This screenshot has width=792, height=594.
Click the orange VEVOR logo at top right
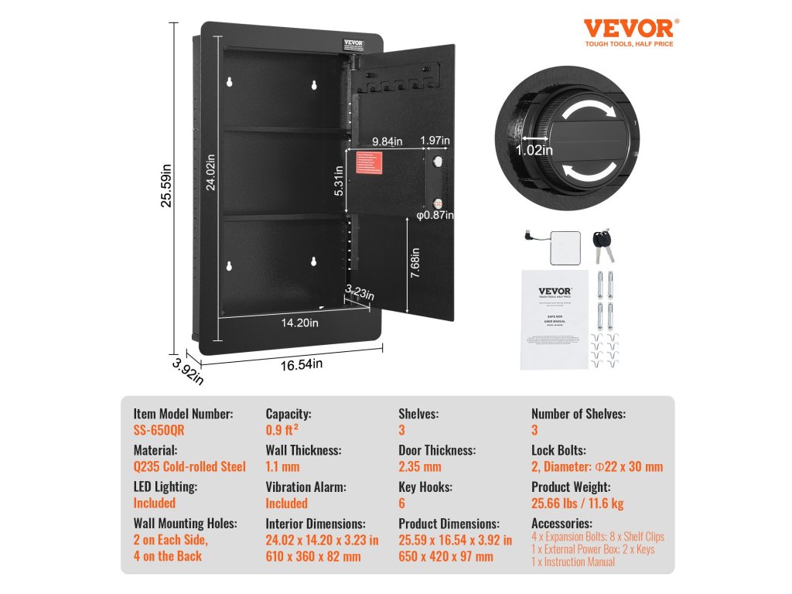pyautogui.click(x=628, y=29)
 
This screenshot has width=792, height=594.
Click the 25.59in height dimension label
pyautogui.click(x=165, y=188)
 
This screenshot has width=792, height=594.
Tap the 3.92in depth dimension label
pyautogui.click(x=189, y=370)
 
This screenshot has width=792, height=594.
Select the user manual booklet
pyautogui.click(x=555, y=319)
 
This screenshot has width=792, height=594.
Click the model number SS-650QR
pyautogui.click(x=159, y=431)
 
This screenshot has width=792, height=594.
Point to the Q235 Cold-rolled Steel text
pyautogui.click(x=189, y=466)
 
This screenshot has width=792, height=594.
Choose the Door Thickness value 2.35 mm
pyautogui.click(x=419, y=466)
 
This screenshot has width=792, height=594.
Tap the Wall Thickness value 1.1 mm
pyautogui.click(x=282, y=466)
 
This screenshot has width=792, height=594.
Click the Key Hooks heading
pyautogui.click(x=425, y=486)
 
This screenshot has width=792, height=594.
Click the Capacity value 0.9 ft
pyautogui.click(x=283, y=431)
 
